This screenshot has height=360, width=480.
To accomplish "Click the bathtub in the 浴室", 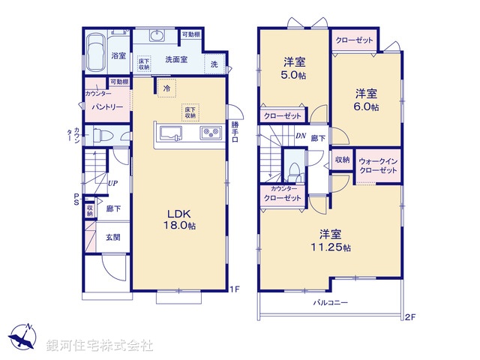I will [95, 54].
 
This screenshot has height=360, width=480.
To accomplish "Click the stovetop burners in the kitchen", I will [209, 134].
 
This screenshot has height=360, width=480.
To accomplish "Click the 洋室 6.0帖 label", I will [367, 100].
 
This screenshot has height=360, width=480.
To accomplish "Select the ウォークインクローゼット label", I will [378, 166].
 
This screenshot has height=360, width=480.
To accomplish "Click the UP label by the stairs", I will [111, 183].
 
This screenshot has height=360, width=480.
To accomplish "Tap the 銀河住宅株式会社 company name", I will [100, 346].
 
